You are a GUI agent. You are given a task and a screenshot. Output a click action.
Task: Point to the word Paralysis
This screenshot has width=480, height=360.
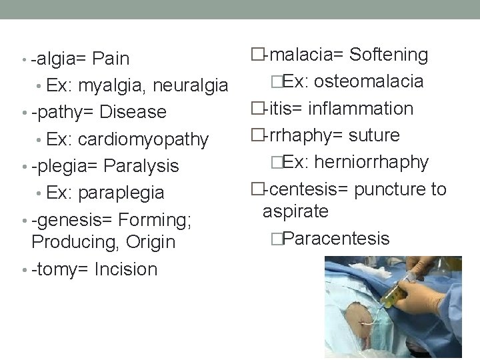142,165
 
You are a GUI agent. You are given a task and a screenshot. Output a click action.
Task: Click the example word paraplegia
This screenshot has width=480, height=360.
121,193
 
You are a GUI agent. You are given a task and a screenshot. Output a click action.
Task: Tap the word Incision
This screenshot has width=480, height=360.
126,269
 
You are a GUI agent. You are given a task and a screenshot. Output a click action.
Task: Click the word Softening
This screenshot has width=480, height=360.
389,55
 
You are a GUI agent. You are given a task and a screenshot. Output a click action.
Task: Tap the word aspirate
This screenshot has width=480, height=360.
295,211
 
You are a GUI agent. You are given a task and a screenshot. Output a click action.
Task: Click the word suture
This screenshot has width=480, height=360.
374,135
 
